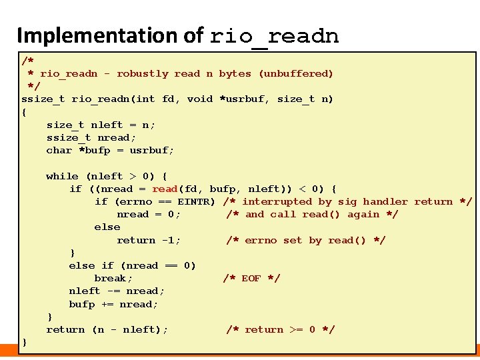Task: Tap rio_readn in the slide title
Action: point(274,36)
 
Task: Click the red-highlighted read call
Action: point(165,189)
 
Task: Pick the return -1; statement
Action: point(149,240)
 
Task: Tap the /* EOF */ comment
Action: point(251,278)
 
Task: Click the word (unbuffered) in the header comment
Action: point(295,73)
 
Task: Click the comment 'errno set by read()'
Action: point(305,240)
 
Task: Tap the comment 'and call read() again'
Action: point(312,214)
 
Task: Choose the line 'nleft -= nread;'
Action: point(117,291)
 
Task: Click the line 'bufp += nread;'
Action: point(113,304)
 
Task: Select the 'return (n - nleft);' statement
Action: point(107,329)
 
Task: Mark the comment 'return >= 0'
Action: point(280,329)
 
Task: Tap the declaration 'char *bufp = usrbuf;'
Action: point(110,150)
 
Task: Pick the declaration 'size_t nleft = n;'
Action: point(100,125)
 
